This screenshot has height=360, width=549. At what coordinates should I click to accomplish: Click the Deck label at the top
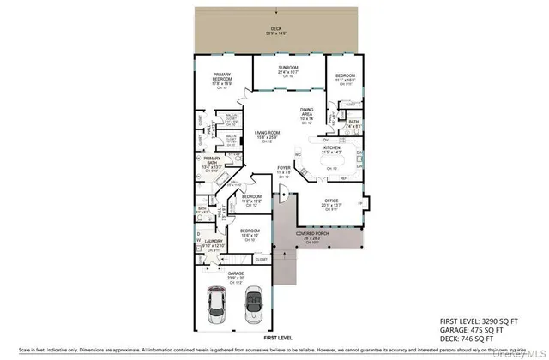click(276, 28)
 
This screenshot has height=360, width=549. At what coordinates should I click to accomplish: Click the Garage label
click(236, 275)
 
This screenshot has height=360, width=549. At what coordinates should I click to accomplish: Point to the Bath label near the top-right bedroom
click(353, 122)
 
